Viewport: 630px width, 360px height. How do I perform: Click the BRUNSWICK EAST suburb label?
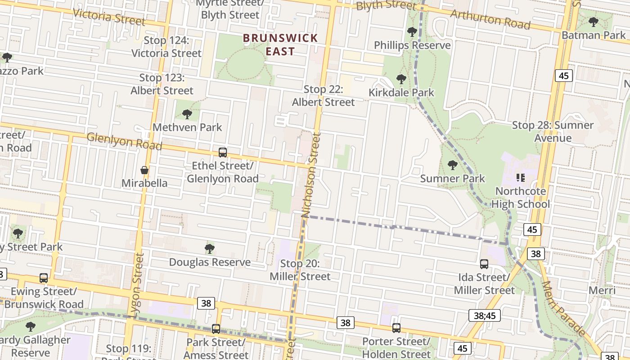pos(280,45)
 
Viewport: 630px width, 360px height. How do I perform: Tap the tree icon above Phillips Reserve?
pos(412,32)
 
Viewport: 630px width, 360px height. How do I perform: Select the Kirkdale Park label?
pos(401,93)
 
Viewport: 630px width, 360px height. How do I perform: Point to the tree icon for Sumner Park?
pos(453,165)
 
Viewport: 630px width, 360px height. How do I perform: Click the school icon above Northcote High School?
pos(521,178)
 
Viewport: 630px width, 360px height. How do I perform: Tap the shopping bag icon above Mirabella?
pos(144,170)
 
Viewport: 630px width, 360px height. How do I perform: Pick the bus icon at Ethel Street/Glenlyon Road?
pos(222,153)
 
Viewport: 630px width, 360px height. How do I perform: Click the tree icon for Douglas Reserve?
pos(209,249)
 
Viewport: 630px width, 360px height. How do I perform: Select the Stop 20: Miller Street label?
pos(300,270)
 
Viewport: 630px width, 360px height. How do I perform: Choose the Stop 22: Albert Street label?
pos(323,96)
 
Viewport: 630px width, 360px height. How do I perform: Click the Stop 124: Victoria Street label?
pos(166,47)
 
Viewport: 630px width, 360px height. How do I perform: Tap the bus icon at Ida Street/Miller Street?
pos(484,264)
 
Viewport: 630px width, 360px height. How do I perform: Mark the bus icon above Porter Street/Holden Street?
pos(396,328)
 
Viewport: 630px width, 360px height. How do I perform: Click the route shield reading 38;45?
pos(484,315)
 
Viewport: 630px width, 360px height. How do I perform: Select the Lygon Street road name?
pos(138,283)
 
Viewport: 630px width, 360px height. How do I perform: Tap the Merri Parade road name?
pos(564,309)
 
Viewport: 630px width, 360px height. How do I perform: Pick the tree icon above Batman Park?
pos(594,22)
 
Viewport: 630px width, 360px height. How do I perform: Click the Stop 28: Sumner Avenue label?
pos(553,131)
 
